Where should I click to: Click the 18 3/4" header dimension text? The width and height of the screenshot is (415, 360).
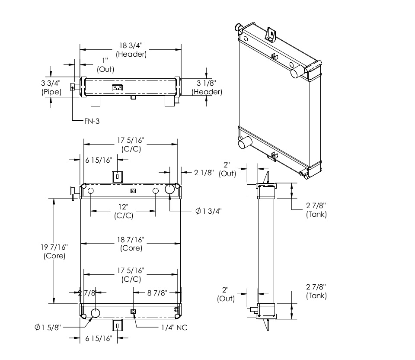pos(131,50)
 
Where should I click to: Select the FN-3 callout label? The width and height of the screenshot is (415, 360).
pos(92,121)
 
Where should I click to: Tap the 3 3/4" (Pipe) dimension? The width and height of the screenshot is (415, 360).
pos(51,87)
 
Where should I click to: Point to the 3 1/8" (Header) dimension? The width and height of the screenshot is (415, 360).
pos(207,87)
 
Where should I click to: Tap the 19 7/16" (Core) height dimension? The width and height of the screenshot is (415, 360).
pos(55,251)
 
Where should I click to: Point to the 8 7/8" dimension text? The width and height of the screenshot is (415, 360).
pos(156,293)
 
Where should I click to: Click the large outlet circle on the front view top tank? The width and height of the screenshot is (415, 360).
pos(169,189)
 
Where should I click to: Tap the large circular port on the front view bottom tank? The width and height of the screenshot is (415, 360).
pos(95,313)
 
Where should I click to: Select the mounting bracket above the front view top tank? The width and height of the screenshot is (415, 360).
pos(117,177)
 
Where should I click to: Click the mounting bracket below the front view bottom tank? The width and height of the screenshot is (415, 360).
pos(117,325)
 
